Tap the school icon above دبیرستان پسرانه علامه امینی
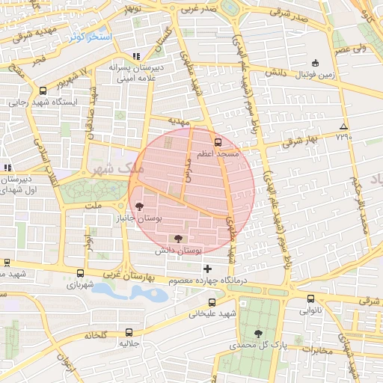(x=135, y=56)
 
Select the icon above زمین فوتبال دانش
(x=316, y=63)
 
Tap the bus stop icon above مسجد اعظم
(x=218, y=141)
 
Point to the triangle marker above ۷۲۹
(x=343, y=126)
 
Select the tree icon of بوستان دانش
(x=177, y=239)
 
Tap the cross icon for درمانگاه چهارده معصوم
(x=207, y=268)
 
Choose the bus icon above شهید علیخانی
(x=212, y=302)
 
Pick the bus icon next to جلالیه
(x=130, y=332)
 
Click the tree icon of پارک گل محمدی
(x=258, y=334)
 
